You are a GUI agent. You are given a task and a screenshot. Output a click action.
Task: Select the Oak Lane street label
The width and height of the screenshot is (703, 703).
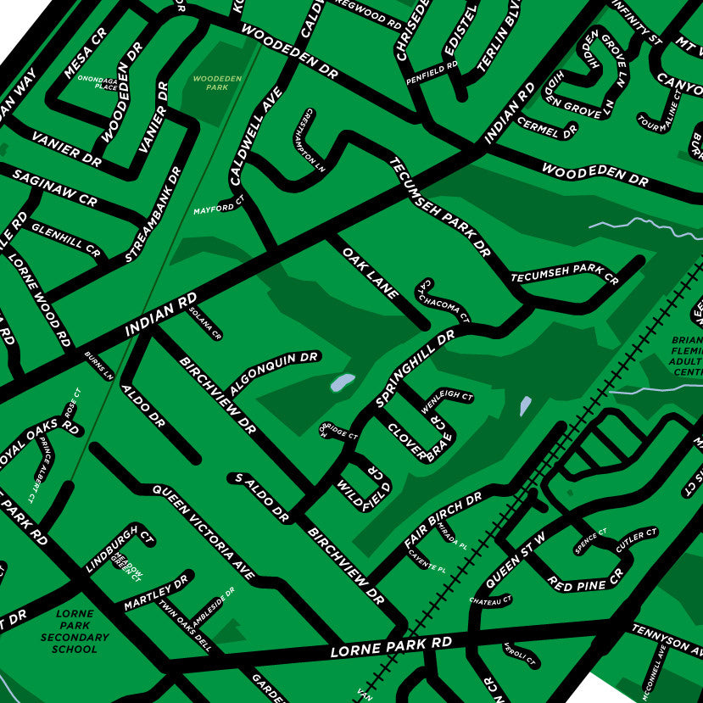point(371,272)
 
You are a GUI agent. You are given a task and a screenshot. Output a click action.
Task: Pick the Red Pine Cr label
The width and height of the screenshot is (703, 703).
point(585,579)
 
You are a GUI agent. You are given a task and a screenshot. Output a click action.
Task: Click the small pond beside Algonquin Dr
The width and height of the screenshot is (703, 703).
point(342,382)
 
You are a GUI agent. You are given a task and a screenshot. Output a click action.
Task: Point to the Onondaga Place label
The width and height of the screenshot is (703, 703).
point(97,82)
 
